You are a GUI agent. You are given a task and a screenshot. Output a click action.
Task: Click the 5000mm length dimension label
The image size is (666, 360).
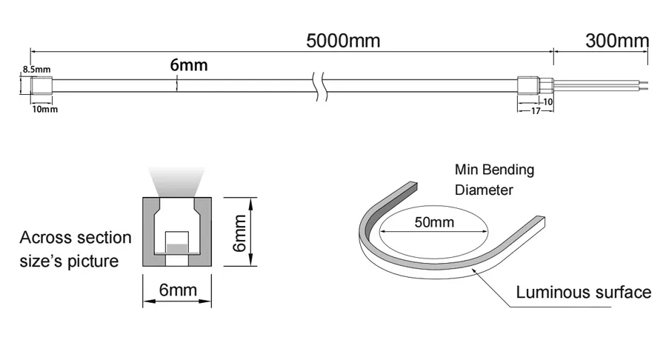(x=343, y=41)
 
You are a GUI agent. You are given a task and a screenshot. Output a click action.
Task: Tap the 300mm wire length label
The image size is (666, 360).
(x=617, y=41)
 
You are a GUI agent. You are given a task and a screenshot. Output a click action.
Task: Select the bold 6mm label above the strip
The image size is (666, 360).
(x=189, y=65)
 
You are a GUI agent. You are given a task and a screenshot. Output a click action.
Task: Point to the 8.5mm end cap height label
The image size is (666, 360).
(x=36, y=69)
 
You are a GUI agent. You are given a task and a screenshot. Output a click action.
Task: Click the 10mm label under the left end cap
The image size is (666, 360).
(x=45, y=109)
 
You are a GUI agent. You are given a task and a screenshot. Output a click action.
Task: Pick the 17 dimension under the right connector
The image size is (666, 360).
(x=536, y=111)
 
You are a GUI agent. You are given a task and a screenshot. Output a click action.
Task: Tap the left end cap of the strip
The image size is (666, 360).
(x=41, y=85)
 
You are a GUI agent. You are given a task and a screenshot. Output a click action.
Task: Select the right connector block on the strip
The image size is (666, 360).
(x=528, y=85)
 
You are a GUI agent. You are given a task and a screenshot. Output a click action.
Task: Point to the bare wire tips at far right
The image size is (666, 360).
(x=645, y=85)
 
